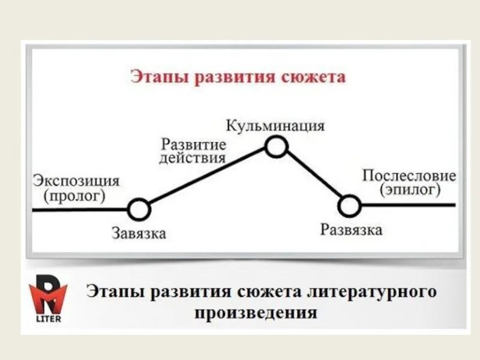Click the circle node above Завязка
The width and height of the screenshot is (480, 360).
[139, 209]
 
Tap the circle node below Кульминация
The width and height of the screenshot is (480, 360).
[276, 146]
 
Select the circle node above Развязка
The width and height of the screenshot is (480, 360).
[349, 206]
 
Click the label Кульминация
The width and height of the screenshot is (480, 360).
[275, 126]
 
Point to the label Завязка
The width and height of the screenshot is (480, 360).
[139, 233]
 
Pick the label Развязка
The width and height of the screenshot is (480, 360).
[351, 230]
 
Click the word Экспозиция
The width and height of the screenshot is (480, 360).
[76, 181]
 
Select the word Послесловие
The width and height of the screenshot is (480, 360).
[409, 176]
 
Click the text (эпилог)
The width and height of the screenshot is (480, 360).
[409, 190]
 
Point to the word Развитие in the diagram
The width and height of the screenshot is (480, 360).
[193, 145]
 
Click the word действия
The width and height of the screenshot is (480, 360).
[193, 158]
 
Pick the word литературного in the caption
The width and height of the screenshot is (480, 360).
[367, 292]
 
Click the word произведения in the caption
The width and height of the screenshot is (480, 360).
[256, 313]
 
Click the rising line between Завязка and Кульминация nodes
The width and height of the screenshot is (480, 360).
[207, 178]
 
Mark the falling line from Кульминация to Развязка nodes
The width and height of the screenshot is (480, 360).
[313, 176]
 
